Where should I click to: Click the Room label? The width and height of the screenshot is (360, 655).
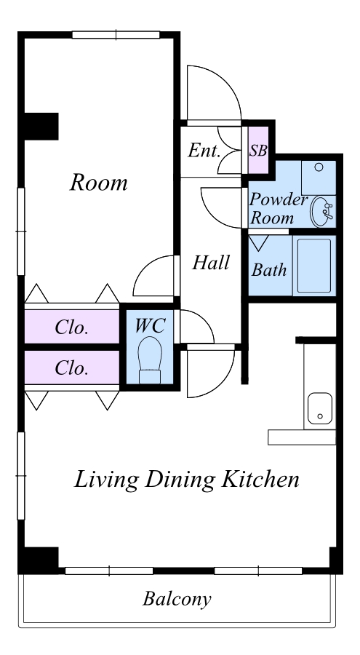99,183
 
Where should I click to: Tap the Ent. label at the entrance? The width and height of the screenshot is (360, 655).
204,151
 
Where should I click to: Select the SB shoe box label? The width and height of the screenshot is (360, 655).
258,151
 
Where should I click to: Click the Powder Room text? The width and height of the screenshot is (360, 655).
278,209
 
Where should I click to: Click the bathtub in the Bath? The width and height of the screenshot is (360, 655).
314,266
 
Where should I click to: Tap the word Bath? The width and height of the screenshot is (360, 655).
269,270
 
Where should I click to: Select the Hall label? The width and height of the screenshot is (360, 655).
211,263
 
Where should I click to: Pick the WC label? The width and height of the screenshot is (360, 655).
150,326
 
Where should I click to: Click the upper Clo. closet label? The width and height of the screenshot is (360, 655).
72,327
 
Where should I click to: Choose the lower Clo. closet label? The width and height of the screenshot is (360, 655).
72,368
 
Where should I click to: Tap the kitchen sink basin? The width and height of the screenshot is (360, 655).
320,408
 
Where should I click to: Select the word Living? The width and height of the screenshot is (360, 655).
106,480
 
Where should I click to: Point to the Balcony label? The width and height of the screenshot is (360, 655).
177,599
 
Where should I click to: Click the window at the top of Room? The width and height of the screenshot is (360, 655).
116,35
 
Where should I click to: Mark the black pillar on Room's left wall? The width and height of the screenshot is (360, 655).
41,126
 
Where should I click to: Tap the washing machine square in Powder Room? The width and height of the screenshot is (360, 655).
319,178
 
